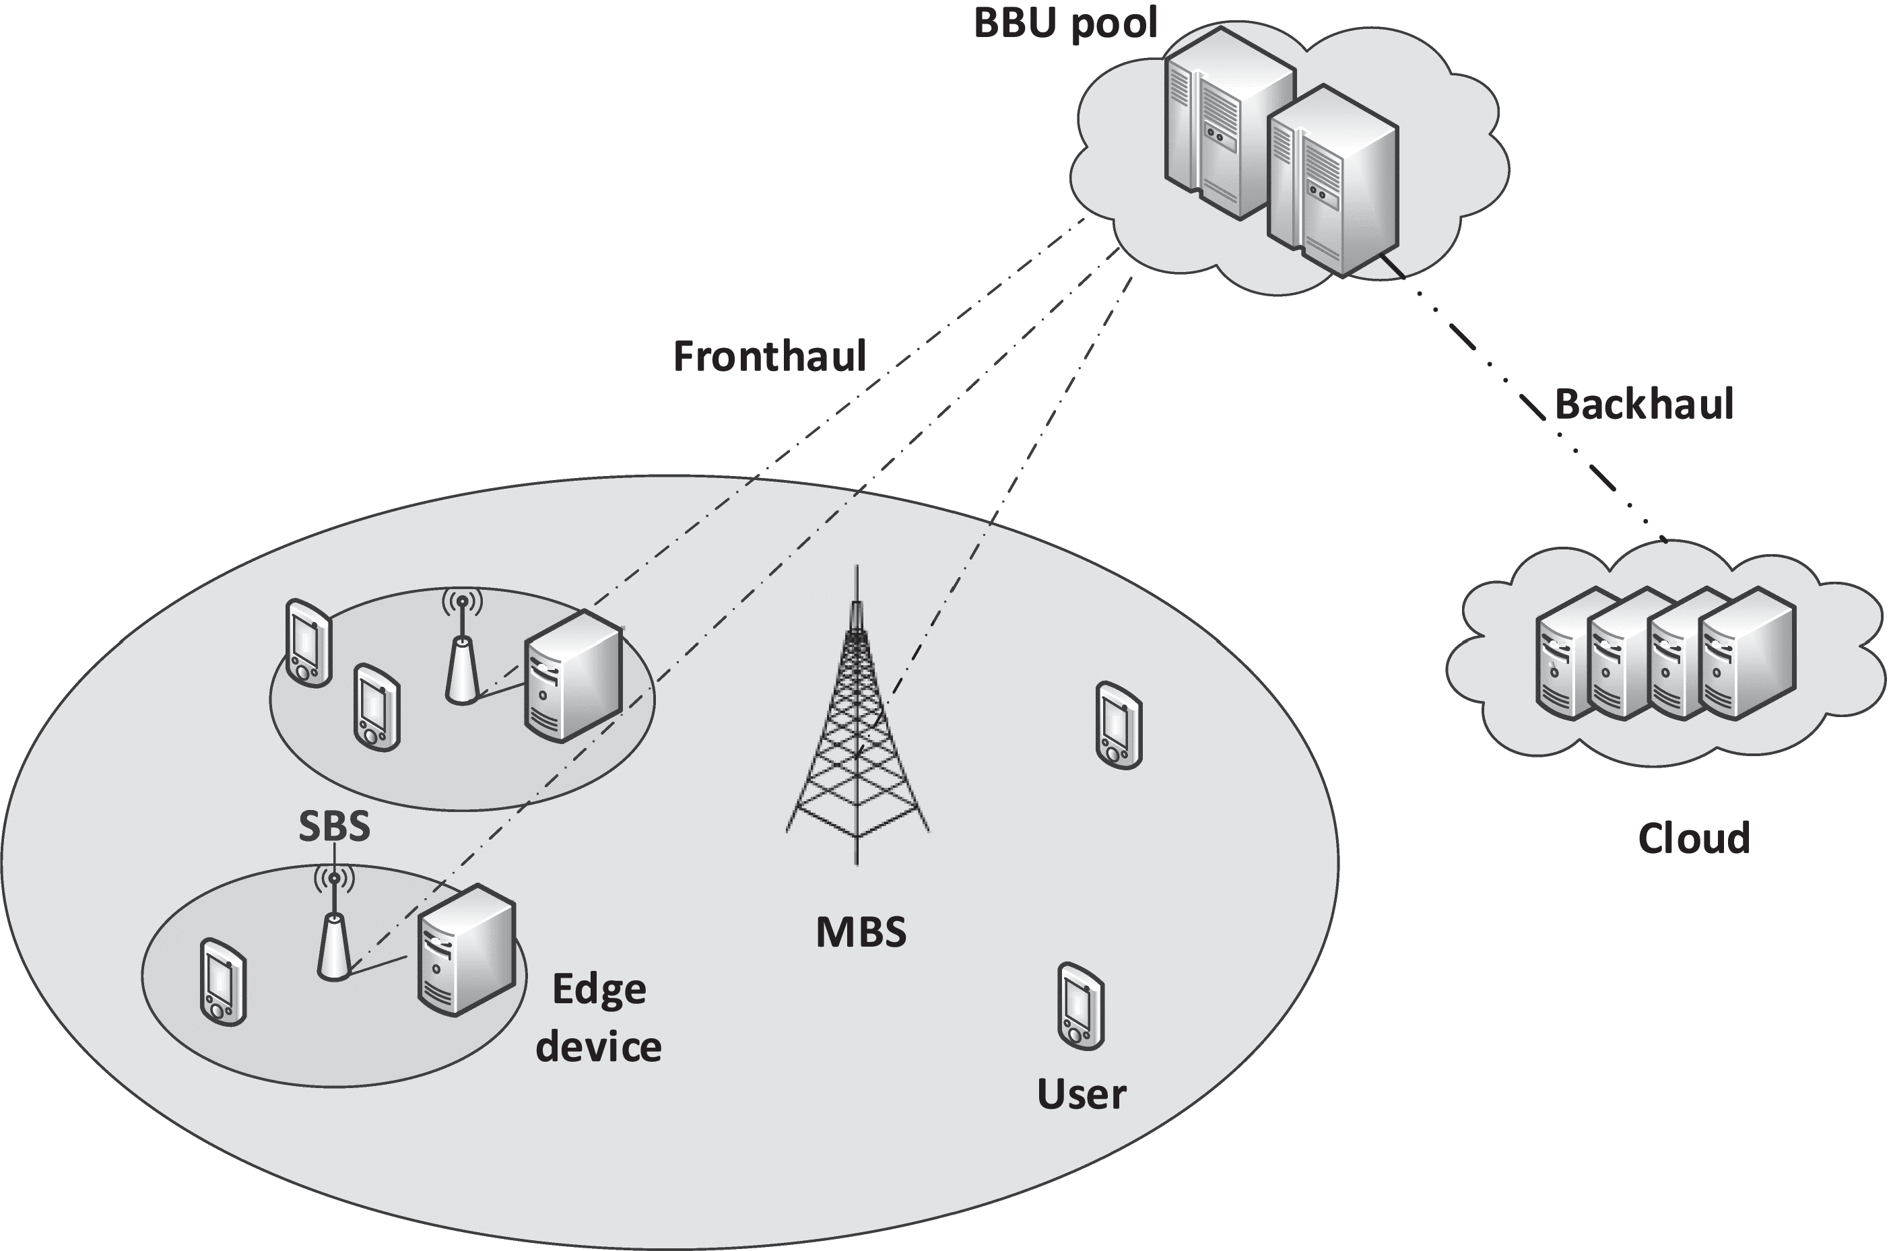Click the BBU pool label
click(1065, 22)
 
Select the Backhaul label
click(1644, 404)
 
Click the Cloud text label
click(1693, 838)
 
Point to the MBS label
click(861, 932)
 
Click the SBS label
click(334, 827)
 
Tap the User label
click(1081, 1094)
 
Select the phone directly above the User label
click(1080, 1006)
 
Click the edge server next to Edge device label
click(467, 949)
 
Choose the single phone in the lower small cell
click(223, 981)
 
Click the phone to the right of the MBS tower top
click(1119, 724)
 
